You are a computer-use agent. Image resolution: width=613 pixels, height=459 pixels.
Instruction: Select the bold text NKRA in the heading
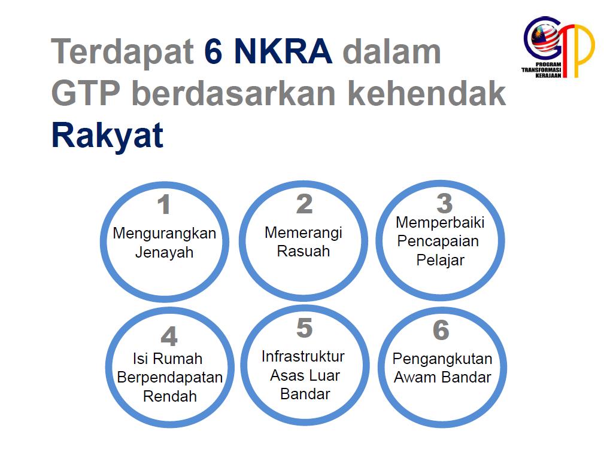click(283, 52)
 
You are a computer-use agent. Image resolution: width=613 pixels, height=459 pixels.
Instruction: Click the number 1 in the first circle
click(163, 205)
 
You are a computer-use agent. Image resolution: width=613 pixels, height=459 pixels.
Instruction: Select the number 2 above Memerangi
click(304, 204)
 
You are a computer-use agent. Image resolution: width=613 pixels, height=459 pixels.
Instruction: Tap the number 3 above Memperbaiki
click(444, 204)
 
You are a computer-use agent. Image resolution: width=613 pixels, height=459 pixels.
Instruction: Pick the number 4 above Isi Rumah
click(169, 336)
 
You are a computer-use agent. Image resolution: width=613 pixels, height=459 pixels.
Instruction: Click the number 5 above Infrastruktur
click(304, 328)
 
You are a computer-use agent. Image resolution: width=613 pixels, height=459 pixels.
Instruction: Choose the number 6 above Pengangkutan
click(441, 331)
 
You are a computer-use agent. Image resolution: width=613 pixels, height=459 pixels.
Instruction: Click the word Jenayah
click(164, 252)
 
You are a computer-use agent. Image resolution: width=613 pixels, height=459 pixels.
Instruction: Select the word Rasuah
click(304, 251)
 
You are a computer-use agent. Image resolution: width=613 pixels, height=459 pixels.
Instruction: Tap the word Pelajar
click(440, 260)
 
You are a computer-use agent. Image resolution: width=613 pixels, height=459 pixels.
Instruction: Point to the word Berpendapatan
click(170, 378)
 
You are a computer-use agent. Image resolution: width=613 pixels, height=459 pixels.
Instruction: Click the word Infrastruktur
click(303, 357)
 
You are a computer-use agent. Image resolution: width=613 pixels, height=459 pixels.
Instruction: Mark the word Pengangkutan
click(442, 359)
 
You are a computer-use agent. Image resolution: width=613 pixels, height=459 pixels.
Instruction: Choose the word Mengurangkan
click(164, 233)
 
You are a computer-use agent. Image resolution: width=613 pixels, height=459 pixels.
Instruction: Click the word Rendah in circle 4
click(170, 396)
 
